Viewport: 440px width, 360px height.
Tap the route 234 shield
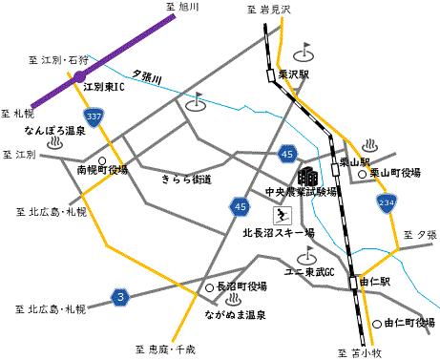click(385, 203)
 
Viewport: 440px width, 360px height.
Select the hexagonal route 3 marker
click(119, 298)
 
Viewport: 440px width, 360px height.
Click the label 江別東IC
click(104, 87)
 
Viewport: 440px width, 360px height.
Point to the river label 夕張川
click(148, 75)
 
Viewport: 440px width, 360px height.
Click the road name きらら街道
click(186, 179)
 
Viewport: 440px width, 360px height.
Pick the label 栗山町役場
click(395, 173)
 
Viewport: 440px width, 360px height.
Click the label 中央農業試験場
click(301, 192)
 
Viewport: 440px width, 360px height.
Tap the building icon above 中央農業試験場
click(307, 176)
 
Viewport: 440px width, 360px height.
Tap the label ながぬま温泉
click(234, 313)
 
